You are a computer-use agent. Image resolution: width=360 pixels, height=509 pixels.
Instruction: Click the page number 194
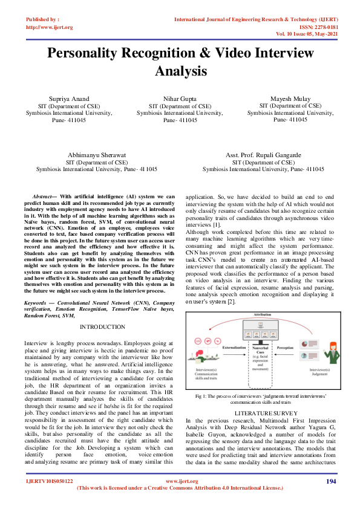coord(330,498)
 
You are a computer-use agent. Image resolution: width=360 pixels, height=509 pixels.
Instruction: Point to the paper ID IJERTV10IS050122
coord(49,498)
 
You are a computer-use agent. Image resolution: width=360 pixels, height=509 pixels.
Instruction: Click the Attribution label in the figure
coord(263,316)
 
